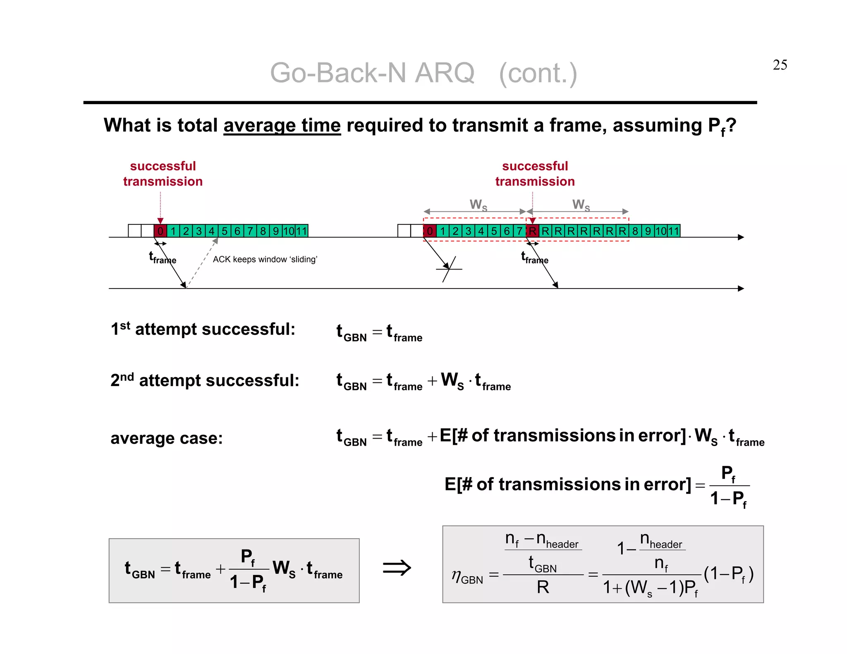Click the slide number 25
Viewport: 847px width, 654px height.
click(780, 65)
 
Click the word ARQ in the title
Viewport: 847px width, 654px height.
click(444, 73)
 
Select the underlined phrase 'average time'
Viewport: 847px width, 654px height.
click(282, 125)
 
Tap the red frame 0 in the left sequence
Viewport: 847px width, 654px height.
click(160, 231)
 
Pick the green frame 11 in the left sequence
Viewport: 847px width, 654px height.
click(301, 231)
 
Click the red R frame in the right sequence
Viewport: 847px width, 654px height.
click(532, 231)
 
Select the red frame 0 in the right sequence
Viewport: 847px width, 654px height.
click(430, 231)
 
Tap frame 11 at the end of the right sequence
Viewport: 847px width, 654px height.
click(674, 231)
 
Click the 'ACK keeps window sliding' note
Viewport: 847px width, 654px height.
click(265, 259)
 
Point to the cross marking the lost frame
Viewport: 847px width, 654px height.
click(449, 269)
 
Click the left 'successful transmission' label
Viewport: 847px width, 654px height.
click(163, 174)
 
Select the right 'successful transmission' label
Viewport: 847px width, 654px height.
click(535, 174)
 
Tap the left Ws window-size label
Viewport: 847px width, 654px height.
click(478, 205)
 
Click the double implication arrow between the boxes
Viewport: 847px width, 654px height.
click(397, 568)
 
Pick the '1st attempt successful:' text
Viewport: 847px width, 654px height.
click(203, 329)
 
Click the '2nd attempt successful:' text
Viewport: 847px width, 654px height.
click(205, 380)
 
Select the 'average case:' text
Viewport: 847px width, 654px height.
click(166, 438)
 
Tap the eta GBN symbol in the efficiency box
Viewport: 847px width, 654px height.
click(467, 576)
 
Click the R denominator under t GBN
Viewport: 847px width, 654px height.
click(543, 587)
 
